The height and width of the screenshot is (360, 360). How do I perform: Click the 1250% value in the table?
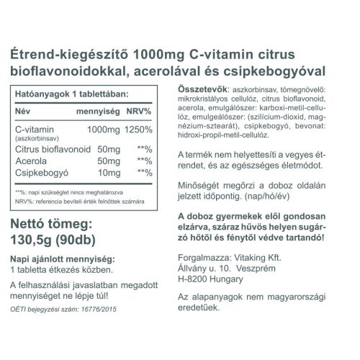[x=157, y=129]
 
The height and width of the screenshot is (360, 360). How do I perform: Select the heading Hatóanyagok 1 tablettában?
[x=71, y=94]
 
